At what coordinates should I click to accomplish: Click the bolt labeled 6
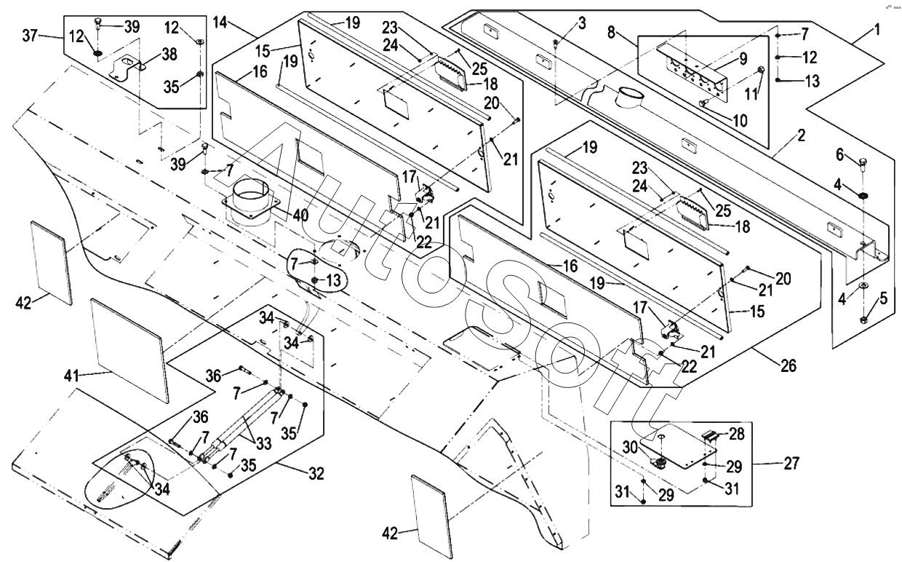(863, 162)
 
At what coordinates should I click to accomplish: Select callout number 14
(220, 23)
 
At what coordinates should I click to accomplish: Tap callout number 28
(737, 435)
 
